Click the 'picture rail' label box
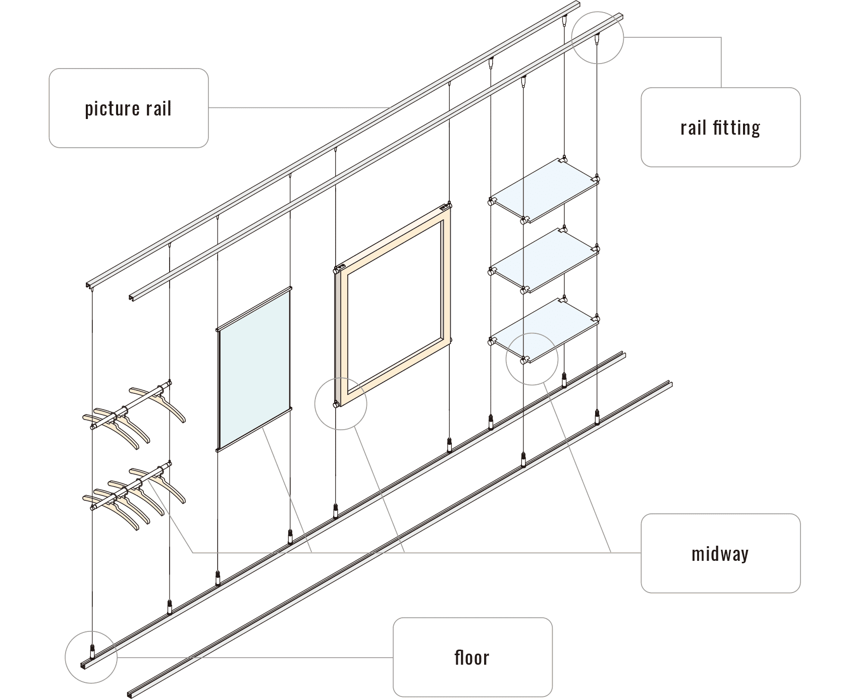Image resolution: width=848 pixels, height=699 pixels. point(129,108)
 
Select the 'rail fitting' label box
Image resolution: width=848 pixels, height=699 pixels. point(720,127)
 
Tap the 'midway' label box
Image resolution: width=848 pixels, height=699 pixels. point(720,553)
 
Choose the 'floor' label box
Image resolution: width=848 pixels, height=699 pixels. point(472,657)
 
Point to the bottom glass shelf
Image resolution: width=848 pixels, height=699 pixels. point(544,329)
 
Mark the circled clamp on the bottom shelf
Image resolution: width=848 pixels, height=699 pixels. point(525,359)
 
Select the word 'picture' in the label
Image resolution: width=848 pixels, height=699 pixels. point(112,108)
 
